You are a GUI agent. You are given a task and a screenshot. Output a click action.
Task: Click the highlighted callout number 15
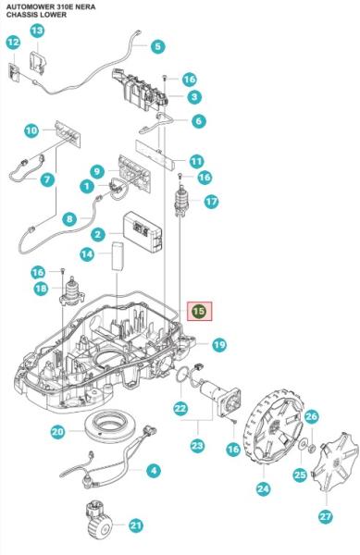199,312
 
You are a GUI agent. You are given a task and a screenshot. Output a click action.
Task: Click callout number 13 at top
37,31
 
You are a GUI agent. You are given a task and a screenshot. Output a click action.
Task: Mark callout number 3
194,96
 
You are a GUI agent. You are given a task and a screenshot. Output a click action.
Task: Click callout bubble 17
211,201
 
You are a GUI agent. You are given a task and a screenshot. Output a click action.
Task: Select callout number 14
87,253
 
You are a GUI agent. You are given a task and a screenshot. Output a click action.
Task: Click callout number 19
218,345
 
